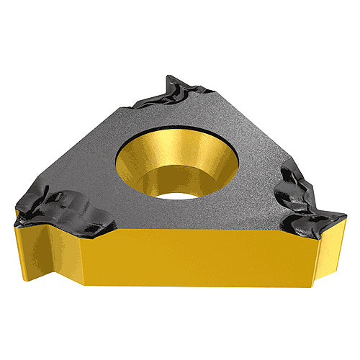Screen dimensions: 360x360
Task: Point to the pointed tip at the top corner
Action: (168, 76)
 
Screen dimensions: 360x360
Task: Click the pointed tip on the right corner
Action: (344, 213)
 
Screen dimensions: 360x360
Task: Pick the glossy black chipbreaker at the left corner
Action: (65, 209)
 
